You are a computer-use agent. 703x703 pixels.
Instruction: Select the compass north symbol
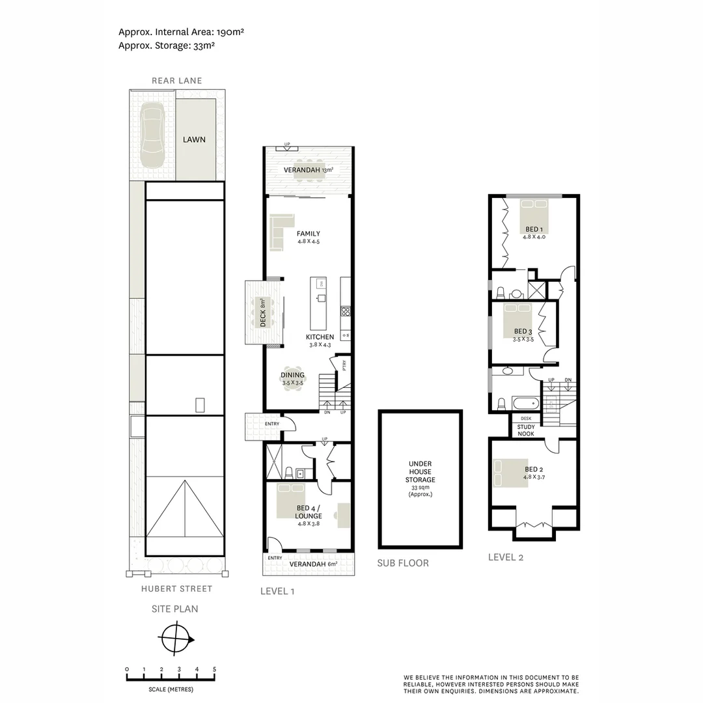point(176,639)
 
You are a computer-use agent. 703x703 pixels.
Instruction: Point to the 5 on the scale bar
point(214,669)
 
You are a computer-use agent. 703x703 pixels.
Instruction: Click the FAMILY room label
point(308,234)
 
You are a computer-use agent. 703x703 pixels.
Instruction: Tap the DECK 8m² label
point(264,312)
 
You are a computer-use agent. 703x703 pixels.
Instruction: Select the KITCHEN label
point(320,337)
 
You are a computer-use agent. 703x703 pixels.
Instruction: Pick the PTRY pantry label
point(344,366)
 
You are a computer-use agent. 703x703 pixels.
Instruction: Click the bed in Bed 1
point(534,216)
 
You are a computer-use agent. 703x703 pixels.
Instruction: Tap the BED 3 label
point(523,331)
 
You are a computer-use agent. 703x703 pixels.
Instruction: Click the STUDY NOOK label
point(526,430)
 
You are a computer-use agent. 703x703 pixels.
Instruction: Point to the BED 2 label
point(534,469)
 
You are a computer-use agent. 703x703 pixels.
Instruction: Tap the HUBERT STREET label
point(176,588)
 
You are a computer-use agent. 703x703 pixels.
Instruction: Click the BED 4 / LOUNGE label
point(309,512)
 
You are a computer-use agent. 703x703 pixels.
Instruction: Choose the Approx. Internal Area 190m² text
point(181,31)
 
